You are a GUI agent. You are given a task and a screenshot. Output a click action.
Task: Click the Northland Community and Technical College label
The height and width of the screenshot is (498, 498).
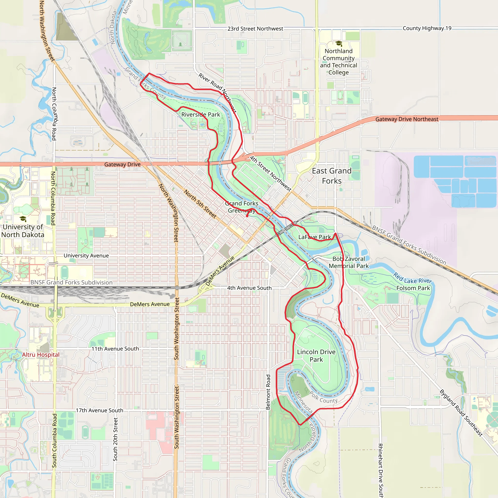tap(338, 62)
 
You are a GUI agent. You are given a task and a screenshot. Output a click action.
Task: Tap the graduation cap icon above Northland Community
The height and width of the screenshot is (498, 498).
tap(339, 43)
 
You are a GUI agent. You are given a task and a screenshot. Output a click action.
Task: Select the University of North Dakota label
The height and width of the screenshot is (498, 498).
tap(23, 231)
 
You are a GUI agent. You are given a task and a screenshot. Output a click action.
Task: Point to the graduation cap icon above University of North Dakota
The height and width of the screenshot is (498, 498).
tap(23, 219)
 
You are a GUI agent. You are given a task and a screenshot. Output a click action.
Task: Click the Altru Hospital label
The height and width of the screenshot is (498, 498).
tap(40, 355)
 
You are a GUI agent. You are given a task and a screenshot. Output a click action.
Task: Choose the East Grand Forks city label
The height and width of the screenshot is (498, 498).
tap(332, 176)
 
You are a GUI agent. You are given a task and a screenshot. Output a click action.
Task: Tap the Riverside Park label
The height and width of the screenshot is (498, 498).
tap(201, 115)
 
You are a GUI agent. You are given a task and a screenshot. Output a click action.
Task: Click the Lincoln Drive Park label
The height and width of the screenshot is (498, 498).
tap(316, 356)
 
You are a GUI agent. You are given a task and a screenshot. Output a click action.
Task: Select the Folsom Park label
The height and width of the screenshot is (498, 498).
tap(413, 288)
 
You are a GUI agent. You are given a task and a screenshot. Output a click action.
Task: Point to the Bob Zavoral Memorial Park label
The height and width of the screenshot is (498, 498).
tap(348, 262)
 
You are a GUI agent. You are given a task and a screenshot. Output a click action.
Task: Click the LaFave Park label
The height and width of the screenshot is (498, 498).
tap(314, 237)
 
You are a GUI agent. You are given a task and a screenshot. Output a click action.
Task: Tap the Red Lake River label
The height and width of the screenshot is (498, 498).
tap(412, 278)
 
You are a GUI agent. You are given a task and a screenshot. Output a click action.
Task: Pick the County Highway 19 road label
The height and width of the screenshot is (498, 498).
tap(427, 28)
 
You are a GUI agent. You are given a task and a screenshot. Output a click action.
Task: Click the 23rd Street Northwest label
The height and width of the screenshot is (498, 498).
tap(255, 29)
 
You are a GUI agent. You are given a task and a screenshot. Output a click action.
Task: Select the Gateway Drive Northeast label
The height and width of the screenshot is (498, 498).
tap(407, 119)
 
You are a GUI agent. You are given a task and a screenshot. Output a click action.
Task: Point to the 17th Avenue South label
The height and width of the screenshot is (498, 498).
tap(99, 410)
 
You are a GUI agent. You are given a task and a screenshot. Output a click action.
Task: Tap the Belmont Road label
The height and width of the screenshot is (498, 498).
tap(268, 392)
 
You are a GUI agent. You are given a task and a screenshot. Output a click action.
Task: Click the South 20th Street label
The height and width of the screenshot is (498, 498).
tap(115, 439)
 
